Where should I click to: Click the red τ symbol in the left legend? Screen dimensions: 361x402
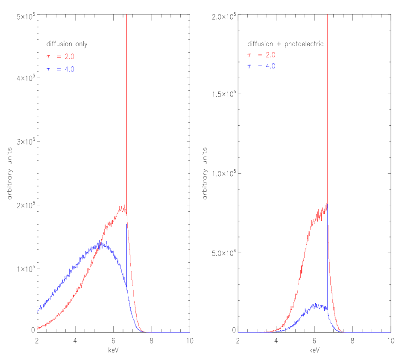48,57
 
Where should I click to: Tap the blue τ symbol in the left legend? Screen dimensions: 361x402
48,69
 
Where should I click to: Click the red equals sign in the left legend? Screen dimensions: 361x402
59,56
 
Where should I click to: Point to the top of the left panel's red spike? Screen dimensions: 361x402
126,15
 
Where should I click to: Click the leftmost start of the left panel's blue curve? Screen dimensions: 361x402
38,311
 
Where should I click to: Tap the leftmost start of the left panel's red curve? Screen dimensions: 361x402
38,328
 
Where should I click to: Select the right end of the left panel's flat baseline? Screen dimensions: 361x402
190,332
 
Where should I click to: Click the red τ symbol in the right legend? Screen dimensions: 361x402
249,55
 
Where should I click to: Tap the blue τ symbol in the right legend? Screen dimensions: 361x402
249,66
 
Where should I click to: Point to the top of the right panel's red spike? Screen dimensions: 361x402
328,15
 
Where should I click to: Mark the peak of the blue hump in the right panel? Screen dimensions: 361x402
316,305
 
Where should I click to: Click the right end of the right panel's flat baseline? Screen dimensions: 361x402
390,332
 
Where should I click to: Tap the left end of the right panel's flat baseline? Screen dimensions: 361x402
238,332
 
